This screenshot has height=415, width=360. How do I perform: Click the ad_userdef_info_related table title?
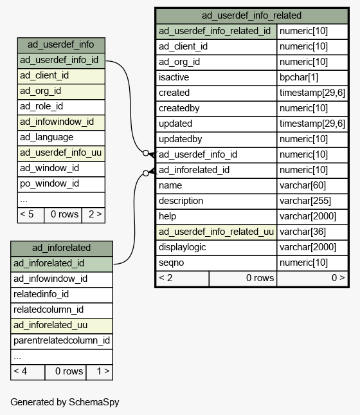click(x=251, y=15)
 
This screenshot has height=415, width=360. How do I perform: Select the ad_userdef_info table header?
click(x=61, y=45)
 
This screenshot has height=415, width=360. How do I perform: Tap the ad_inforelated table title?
click(x=61, y=248)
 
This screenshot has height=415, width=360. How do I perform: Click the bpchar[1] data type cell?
click(x=312, y=78)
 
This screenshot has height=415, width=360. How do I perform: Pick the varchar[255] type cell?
click(x=312, y=201)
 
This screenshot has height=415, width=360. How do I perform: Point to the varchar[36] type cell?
click(x=312, y=232)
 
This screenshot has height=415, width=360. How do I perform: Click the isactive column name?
click(x=174, y=78)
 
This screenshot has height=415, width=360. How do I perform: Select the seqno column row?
click(x=252, y=263)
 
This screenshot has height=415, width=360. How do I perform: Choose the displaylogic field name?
click(x=182, y=248)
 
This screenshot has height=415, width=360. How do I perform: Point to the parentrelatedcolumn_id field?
click(x=61, y=341)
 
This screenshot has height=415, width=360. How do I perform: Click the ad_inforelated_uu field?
click(x=61, y=326)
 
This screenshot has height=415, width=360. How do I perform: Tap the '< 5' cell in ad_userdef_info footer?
click(x=31, y=215)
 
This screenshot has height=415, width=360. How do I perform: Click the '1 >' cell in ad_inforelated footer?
click(x=100, y=372)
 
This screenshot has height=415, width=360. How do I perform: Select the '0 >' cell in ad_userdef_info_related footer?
click(x=312, y=279)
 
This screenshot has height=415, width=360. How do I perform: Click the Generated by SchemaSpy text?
click(x=65, y=402)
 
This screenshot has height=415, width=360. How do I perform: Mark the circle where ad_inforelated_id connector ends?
click(x=145, y=173)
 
